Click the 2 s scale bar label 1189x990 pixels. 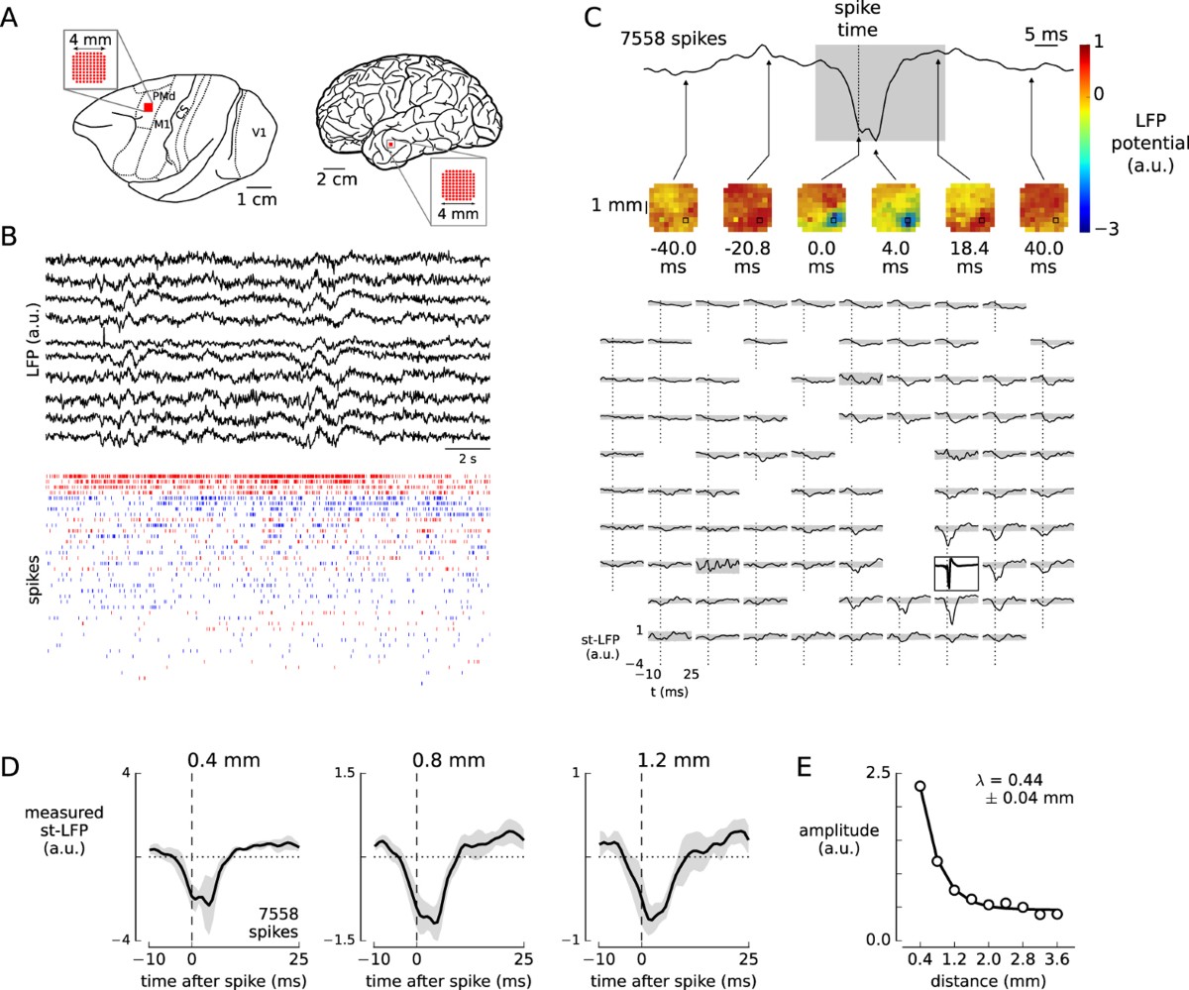point(473,458)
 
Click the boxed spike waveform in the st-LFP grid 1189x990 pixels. point(956,574)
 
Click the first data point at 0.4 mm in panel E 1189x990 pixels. point(920,787)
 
